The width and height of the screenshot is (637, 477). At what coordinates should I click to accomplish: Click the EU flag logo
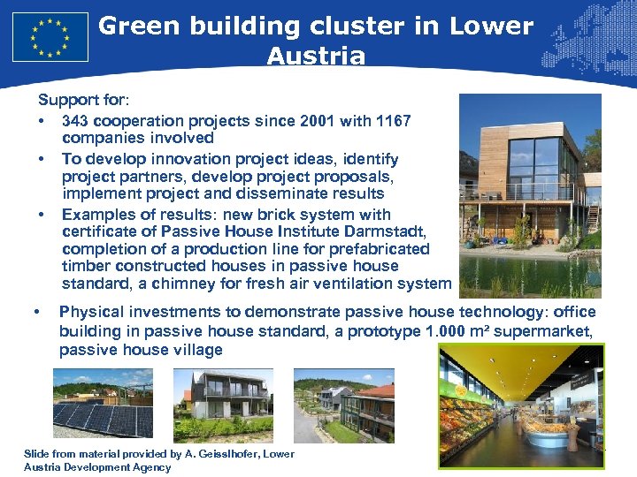coord(50,37)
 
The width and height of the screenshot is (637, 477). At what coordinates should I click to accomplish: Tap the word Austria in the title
coord(316,57)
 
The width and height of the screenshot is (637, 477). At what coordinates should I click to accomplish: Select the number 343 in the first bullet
coord(77,121)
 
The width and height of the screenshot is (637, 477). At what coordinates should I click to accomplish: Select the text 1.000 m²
coord(453,331)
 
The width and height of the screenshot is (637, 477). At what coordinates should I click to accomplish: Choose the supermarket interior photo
coord(521,405)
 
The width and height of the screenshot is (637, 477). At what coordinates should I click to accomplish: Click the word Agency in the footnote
coord(150,467)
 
